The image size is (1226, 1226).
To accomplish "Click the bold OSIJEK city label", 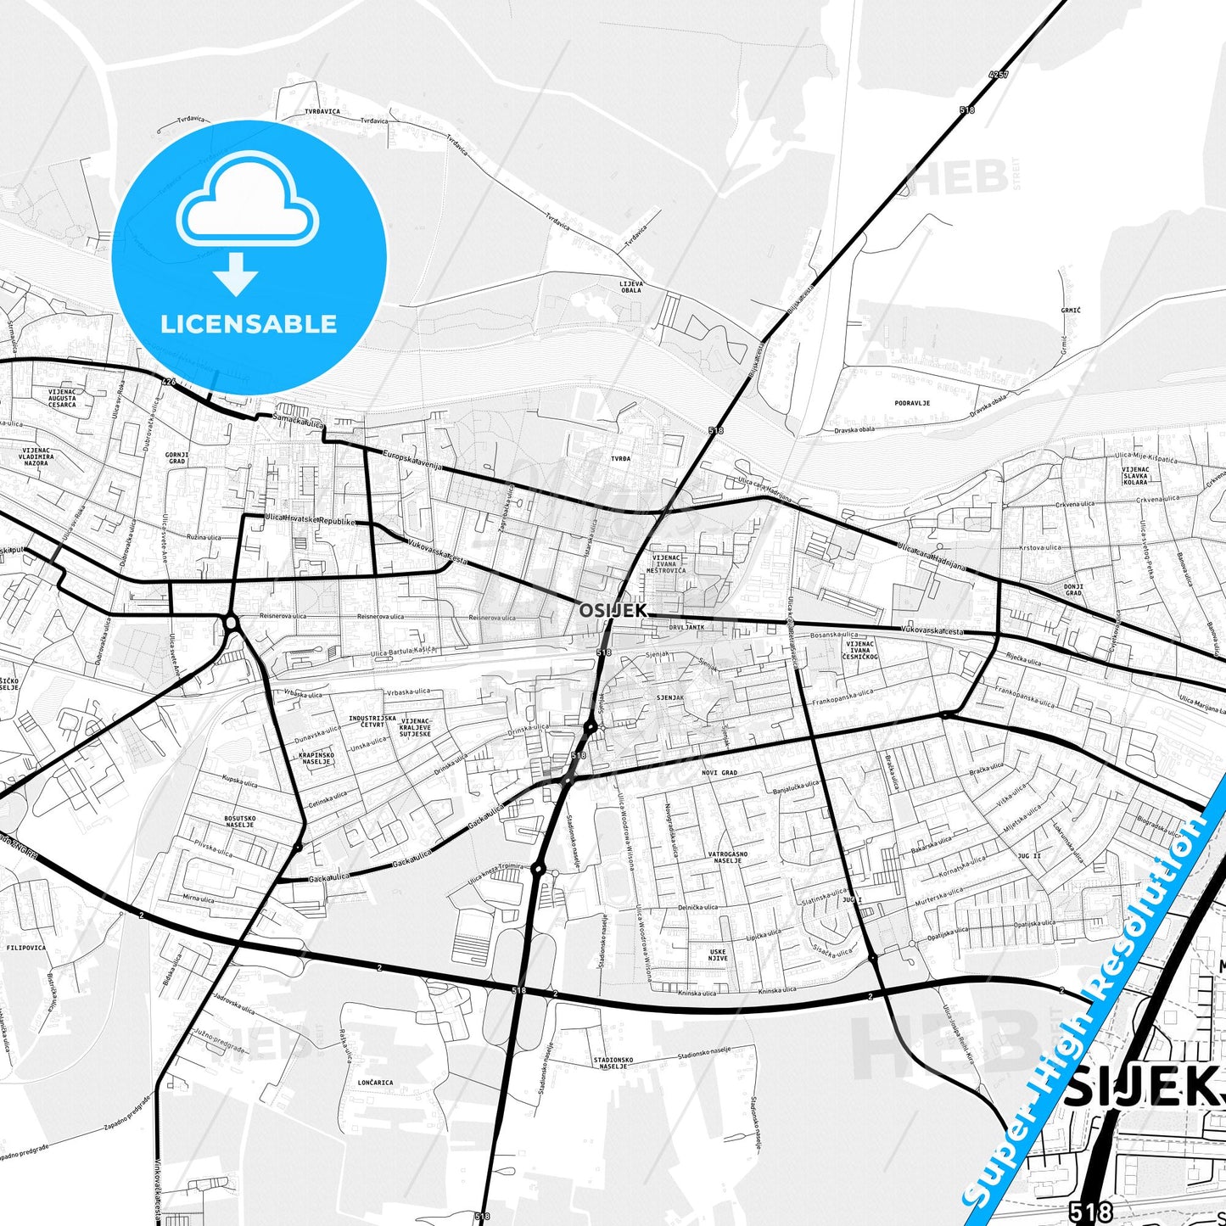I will [613, 610].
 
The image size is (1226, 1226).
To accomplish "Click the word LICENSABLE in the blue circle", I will [249, 324].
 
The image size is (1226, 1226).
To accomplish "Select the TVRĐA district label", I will [620, 458].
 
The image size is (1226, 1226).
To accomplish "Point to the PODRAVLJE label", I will [912, 403].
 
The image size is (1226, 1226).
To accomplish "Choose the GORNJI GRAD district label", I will [176, 459].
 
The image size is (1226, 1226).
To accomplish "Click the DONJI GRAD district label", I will [1073, 590].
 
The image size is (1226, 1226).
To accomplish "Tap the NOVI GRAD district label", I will [719, 773].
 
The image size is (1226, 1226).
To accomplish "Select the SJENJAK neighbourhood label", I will [670, 697].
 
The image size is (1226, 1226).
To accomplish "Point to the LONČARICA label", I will [375, 1083].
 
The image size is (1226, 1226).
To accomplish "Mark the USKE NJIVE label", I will [718, 955].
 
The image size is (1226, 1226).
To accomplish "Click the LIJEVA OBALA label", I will [631, 286].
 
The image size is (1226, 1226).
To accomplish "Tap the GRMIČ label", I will [1071, 311].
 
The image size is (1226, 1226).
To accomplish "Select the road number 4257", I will [999, 75].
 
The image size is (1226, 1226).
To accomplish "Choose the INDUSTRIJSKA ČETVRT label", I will [372, 721].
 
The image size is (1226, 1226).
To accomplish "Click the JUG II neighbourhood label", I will [1029, 856].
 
